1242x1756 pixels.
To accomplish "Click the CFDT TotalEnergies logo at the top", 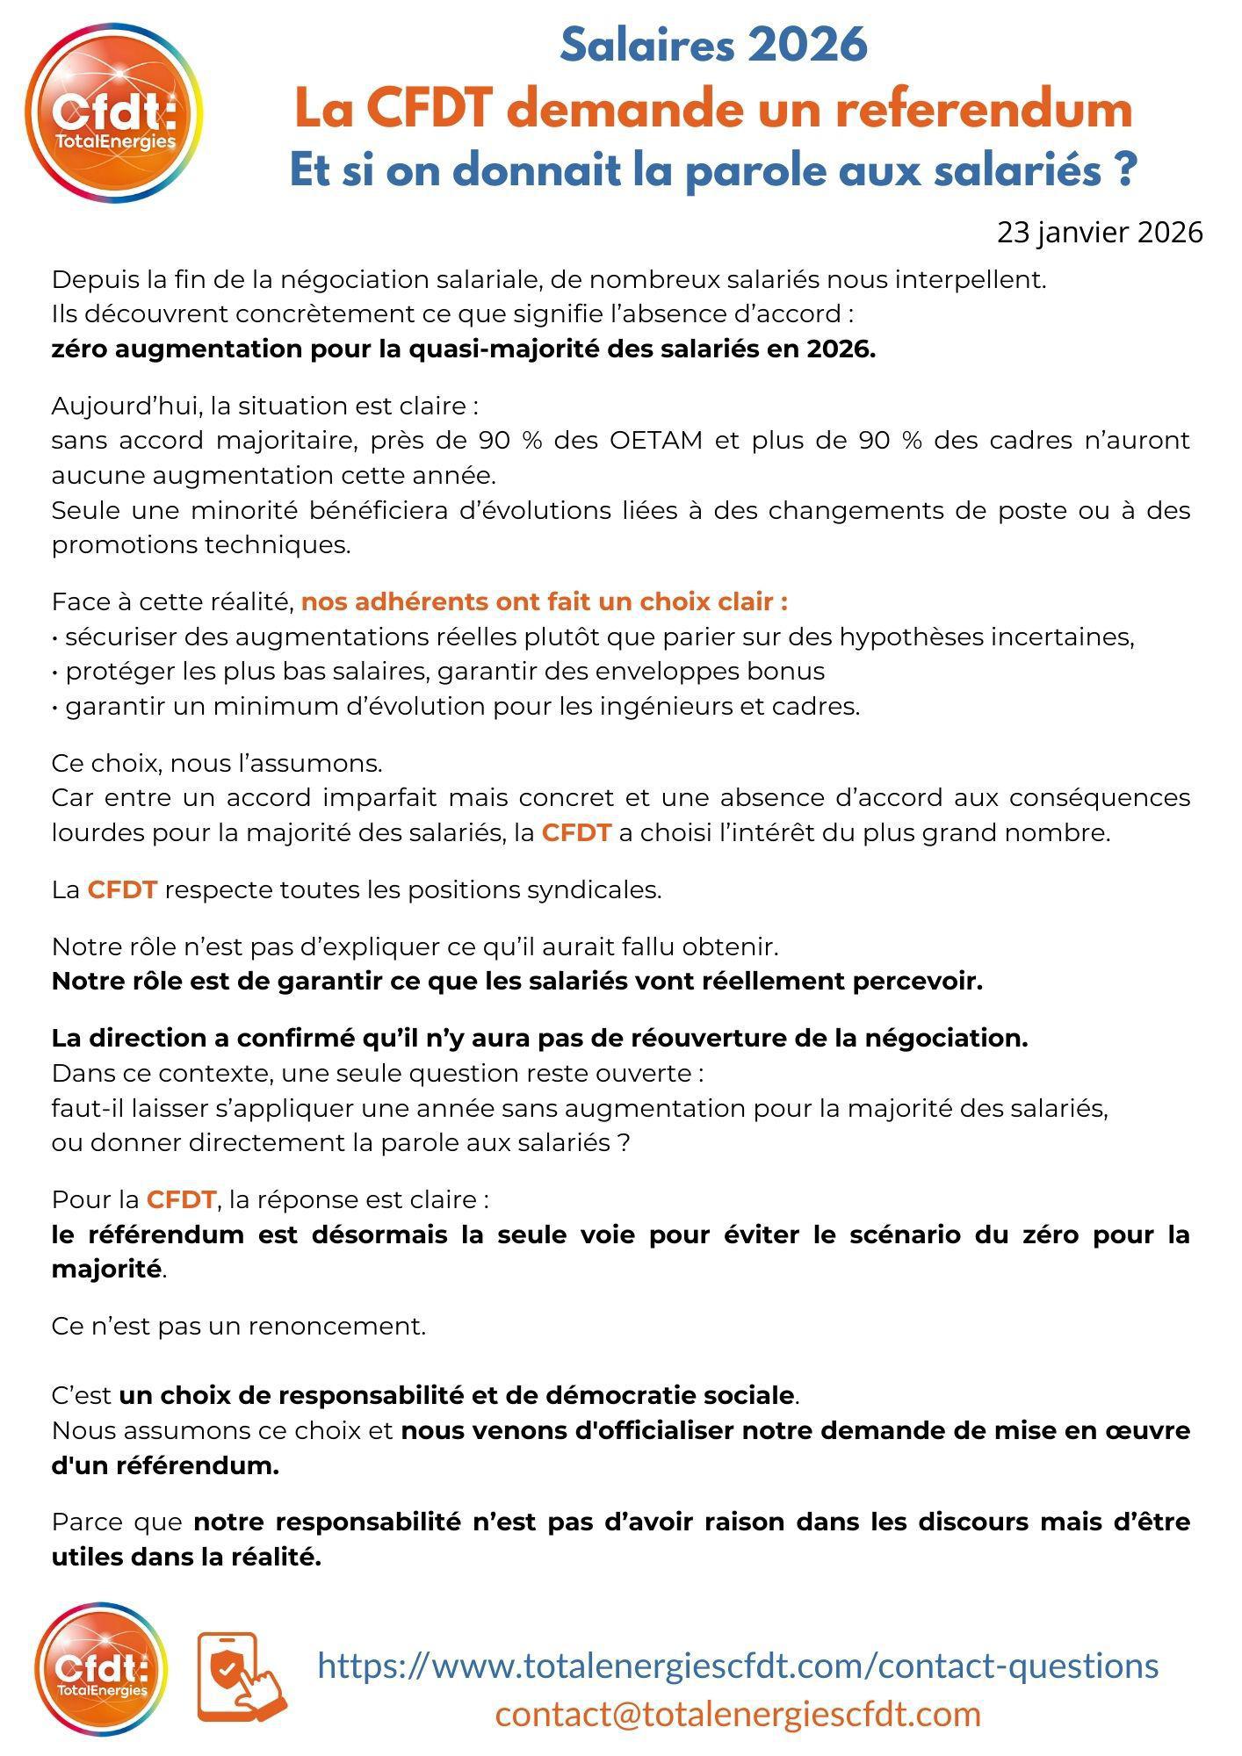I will pyautogui.click(x=114, y=114).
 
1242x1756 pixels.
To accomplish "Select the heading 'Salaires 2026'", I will pyautogui.click(x=713, y=44).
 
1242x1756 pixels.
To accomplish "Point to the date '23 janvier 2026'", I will pyautogui.click(x=1099, y=233).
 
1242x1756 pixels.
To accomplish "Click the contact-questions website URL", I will pyautogui.click(x=738, y=1665).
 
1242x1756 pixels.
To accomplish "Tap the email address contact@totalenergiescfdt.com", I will pyautogui.click(x=738, y=1713).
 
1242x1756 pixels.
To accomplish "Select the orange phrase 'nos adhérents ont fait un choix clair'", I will pyautogui.click(x=544, y=601).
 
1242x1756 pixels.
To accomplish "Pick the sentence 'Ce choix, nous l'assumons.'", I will pyautogui.click(x=217, y=763).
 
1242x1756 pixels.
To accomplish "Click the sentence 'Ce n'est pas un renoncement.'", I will pyautogui.click(x=238, y=1326).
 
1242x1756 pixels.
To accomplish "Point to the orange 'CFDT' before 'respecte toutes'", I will pyautogui.click(x=122, y=889).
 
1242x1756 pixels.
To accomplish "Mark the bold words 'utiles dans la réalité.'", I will pyautogui.click(x=186, y=1557).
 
